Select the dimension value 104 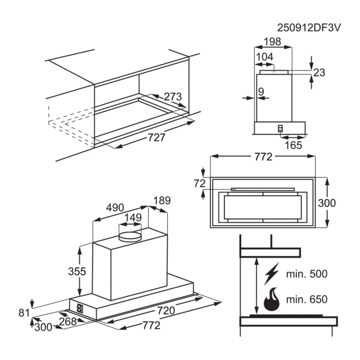(x=264, y=57)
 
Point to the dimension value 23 (x=320, y=72)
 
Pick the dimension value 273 (x=173, y=97)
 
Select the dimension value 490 (x=115, y=208)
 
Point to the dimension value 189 (x=161, y=201)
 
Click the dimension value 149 (x=133, y=218)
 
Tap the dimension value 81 (x=23, y=312)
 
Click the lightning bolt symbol (x=271, y=274)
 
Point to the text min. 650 (x=307, y=299)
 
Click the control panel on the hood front (x=80, y=308)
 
